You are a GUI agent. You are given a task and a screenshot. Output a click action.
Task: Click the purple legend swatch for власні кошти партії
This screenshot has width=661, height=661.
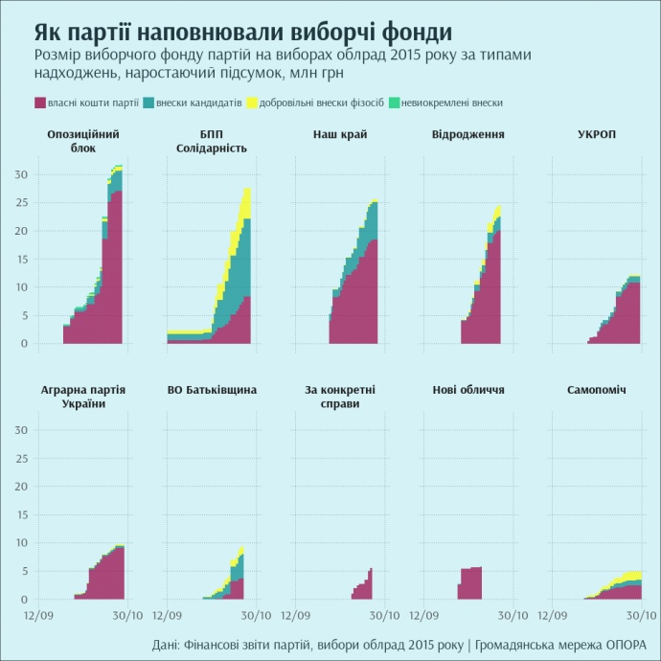(x=40, y=103)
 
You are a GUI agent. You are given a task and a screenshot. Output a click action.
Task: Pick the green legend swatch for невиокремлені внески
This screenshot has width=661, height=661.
(x=395, y=103)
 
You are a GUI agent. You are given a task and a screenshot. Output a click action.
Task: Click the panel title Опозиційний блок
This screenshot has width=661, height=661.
(x=83, y=141)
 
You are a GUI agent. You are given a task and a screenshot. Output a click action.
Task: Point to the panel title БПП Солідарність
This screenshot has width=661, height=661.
(x=212, y=141)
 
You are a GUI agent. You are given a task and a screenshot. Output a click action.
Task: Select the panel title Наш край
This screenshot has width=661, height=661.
(x=340, y=134)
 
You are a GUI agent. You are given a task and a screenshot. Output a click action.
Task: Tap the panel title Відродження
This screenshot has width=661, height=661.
(x=468, y=134)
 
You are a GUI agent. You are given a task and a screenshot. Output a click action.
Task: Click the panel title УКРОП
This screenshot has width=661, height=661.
(x=597, y=134)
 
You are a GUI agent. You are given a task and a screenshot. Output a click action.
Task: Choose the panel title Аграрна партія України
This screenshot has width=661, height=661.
(x=83, y=397)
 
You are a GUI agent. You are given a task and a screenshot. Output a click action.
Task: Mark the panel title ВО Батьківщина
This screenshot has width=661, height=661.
(x=212, y=390)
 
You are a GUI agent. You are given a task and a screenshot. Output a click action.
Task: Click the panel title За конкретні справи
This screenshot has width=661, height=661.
(x=340, y=397)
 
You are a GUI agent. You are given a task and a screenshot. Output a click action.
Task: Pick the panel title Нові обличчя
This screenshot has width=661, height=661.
(x=468, y=390)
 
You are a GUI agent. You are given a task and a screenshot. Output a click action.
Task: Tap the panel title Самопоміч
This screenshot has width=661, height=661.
(x=597, y=390)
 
